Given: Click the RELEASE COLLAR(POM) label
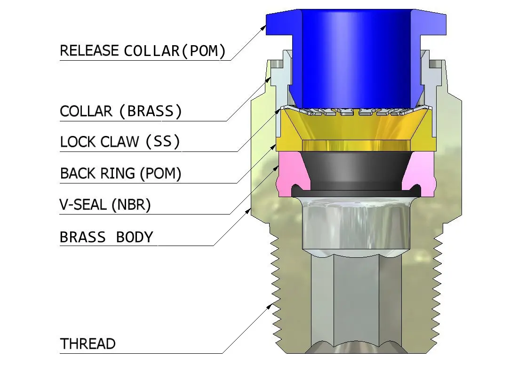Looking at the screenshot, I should coord(142,51).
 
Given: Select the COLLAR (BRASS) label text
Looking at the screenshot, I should coord(120,112).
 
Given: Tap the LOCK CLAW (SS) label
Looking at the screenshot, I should coord(120,142).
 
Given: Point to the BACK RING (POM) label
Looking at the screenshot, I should coord(120,174).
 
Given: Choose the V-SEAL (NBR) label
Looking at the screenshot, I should coord(105,205).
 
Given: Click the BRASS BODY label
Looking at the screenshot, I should coord(107,237).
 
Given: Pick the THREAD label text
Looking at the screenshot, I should coord(88,344).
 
